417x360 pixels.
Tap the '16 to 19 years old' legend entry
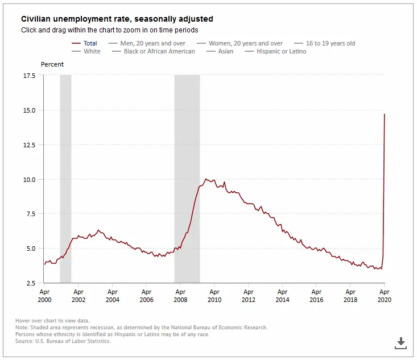click(330, 43)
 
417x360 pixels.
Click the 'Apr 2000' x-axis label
click(44, 296)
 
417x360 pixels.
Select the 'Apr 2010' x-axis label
click(214, 296)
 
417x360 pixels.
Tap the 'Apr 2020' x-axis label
click(384, 296)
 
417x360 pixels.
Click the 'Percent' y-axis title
click(52, 64)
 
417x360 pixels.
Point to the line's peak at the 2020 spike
click(385, 114)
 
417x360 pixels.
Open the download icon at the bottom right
click(401, 342)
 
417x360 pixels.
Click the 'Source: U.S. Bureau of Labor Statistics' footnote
click(63, 341)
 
